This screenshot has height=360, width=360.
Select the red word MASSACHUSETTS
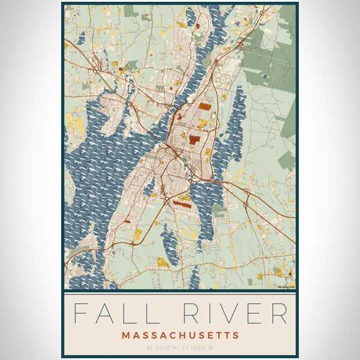pos(180,335)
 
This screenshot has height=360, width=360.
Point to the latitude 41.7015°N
pos(160,347)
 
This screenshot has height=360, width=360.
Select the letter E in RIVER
pos(256,314)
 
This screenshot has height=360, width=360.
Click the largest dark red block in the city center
pos(194,140)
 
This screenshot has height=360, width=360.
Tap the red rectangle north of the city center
pos(205,106)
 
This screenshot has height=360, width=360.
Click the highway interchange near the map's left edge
pos(97,70)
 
